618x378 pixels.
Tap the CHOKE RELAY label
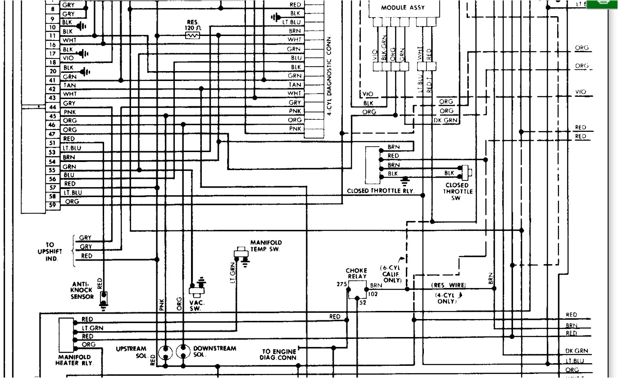coord(356,274)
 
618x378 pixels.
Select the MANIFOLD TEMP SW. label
coord(266,246)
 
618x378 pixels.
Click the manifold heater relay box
coord(66,335)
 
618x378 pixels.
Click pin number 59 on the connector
coord(52,205)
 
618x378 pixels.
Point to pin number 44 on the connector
coord(52,107)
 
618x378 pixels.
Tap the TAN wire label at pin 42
coord(69,85)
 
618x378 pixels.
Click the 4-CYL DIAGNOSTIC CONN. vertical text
coord(329,76)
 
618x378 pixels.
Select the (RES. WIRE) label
coord(448,285)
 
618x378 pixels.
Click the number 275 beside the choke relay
coord(341,284)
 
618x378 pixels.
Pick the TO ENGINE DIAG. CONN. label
coord(280,355)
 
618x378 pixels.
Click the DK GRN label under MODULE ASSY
coord(445,120)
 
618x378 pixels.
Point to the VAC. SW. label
coord(197,306)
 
